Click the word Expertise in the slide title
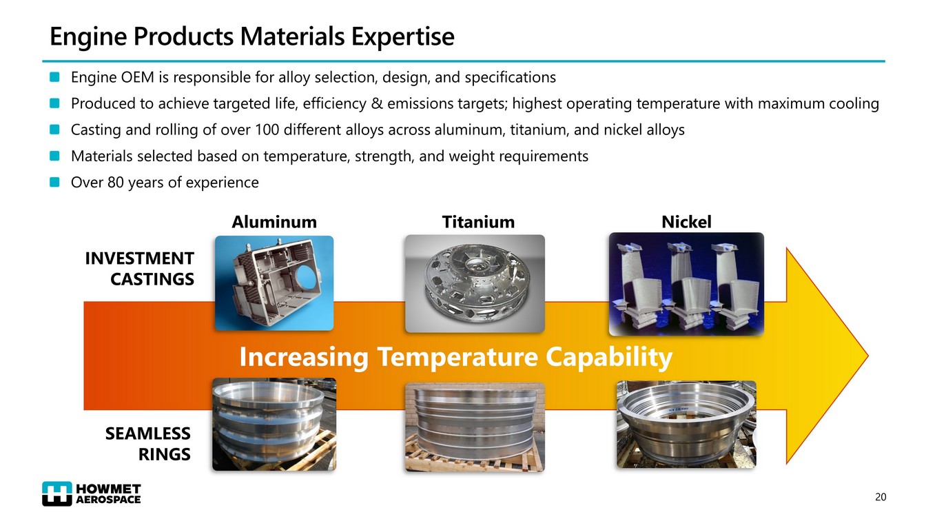point(402,37)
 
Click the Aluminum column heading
point(274,222)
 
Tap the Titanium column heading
point(478,222)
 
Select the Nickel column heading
point(686,222)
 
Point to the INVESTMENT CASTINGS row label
point(139,269)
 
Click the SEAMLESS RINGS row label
point(147,444)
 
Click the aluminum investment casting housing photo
point(274,283)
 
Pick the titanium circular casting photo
point(475,284)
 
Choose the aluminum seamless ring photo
point(274,425)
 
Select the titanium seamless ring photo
point(475,427)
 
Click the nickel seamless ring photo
point(686,425)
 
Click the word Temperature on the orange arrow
point(457,357)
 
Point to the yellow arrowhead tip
point(867,356)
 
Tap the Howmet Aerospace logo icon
point(57,493)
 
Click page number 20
point(881,497)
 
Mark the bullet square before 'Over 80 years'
point(54,182)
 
